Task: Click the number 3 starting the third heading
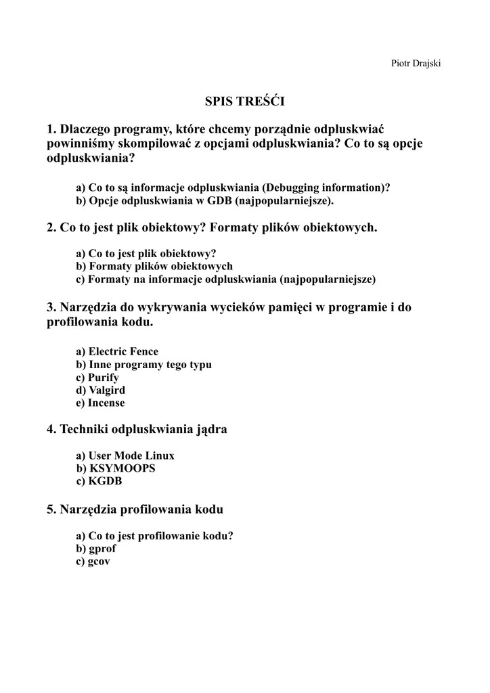pos(51,307)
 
